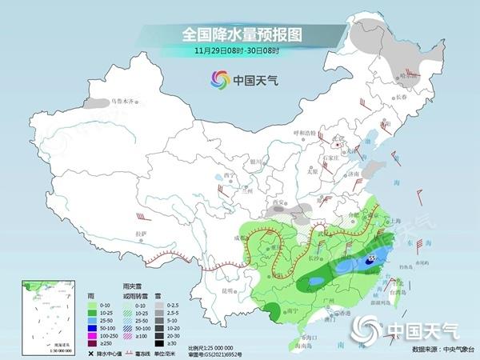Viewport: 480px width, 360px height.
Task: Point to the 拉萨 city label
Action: click(x=142, y=233)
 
